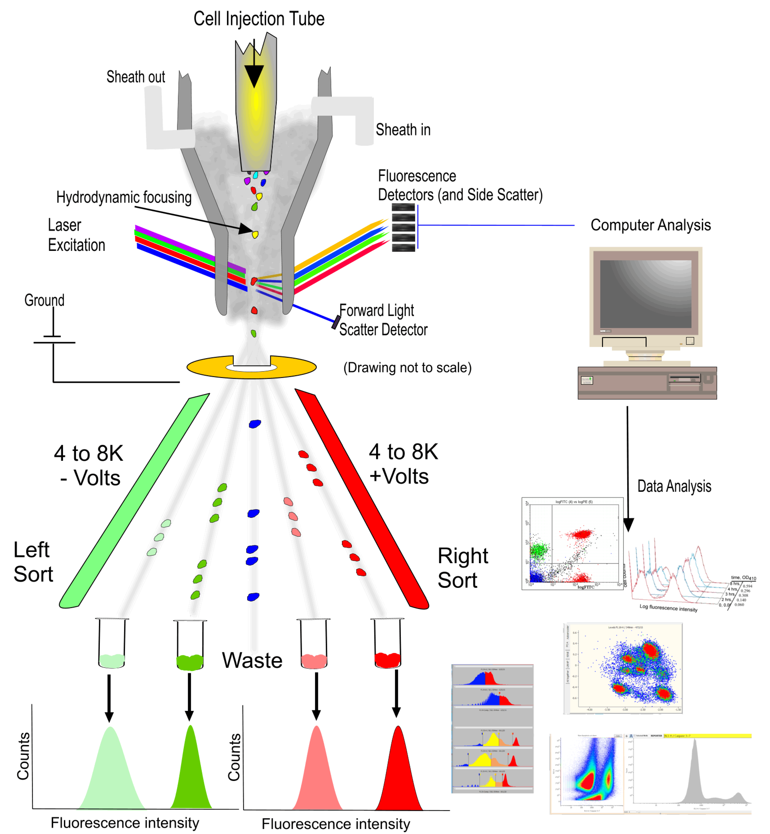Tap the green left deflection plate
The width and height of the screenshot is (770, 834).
133,500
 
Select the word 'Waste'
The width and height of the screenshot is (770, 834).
252,661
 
